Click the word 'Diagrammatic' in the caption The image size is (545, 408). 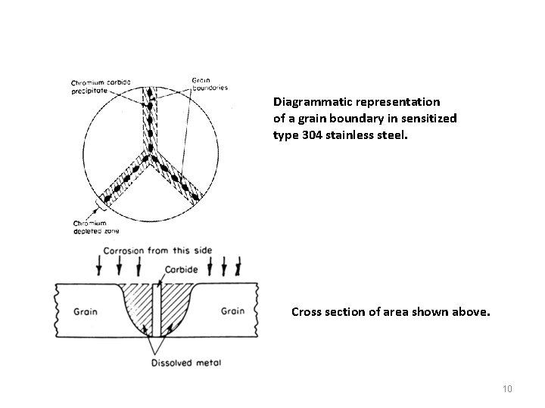(310, 100)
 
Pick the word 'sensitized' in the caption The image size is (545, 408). (431, 118)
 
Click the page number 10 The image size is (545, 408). (507, 389)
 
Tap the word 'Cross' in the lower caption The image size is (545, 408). (307, 310)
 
